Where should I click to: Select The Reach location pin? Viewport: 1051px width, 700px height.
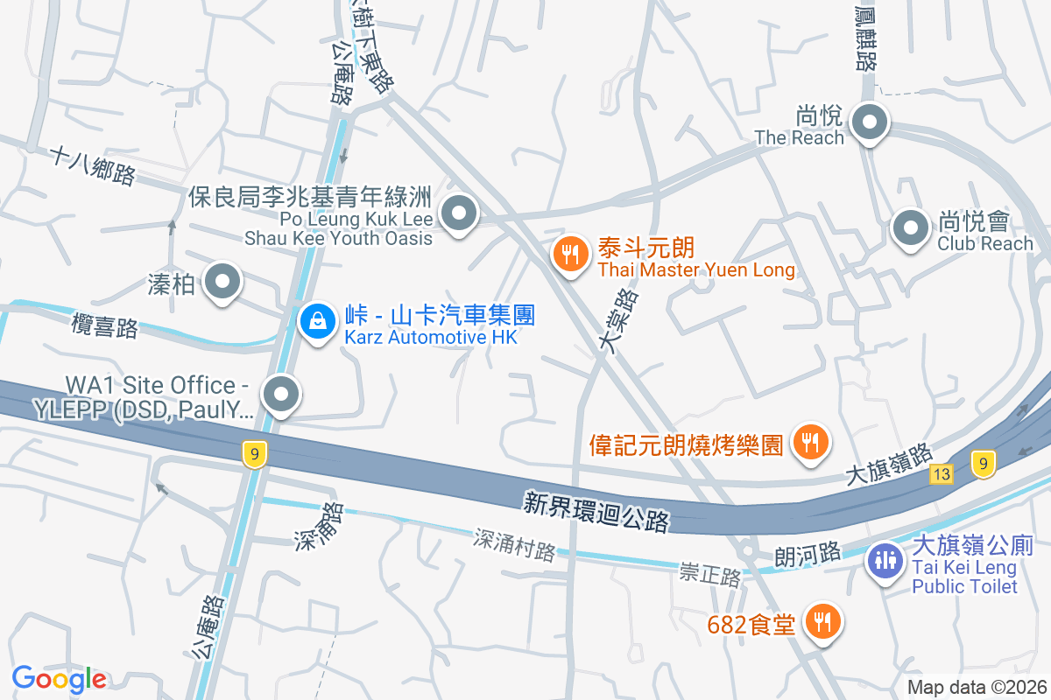(x=869, y=122)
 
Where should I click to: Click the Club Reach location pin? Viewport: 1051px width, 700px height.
(x=910, y=228)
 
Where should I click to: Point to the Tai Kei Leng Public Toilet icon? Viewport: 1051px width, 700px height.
(x=885, y=560)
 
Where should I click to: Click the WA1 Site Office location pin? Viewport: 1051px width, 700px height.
(x=281, y=395)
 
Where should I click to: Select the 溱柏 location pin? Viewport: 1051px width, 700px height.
(x=222, y=283)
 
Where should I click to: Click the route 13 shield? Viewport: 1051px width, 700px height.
(x=942, y=474)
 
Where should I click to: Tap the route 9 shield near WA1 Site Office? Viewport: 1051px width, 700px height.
(x=254, y=453)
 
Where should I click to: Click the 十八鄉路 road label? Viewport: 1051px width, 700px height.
(x=93, y=165)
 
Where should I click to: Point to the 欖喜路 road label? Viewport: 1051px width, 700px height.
(x=104, y=325)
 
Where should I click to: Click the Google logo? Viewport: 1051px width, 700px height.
(x=59, y=678)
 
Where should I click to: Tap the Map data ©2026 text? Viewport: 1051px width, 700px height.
(x=976, y=687)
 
